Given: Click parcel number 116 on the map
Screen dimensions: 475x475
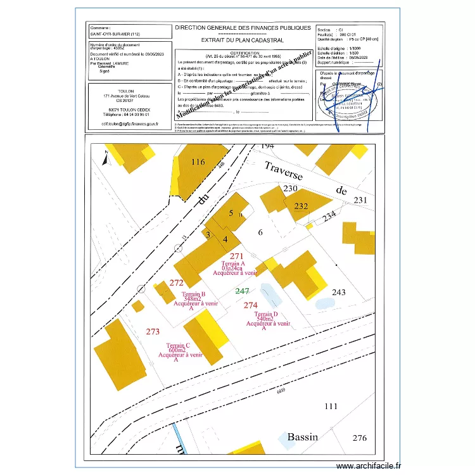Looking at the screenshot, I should tap(198, 162).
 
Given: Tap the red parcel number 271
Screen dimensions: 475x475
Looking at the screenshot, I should tap(237, 256).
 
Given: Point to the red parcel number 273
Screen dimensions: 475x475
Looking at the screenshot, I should tap(153, 331).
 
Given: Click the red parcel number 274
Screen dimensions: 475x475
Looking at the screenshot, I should tap(251, 305).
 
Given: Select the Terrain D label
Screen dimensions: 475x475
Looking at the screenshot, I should tap(266, 314).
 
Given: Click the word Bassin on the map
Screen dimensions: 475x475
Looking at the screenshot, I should tap(302, 437).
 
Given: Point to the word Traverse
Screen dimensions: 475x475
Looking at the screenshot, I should tap(283, 170).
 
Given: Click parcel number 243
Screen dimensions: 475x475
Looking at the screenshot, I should tap(339, 292).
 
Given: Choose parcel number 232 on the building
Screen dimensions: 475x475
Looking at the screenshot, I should tap(301, 206).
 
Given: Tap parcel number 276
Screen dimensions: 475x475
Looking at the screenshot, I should tap(359, 438).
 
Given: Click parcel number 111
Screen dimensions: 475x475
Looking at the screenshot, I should tap(331, 406).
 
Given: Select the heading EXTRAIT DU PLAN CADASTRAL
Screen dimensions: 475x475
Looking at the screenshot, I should tap(243, 40).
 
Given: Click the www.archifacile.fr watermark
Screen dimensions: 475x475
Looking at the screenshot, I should tap(369, 465).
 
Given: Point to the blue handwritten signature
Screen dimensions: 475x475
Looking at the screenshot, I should tap(355, 92).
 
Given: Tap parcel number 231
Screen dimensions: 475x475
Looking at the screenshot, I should tap(360, 200).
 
